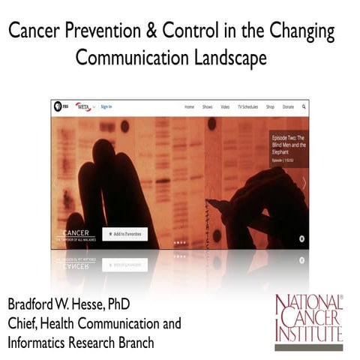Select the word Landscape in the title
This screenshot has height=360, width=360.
[x=228, y=58]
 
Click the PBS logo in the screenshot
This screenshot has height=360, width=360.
[x=58, y=107]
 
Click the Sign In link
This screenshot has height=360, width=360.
[x=106, y=107]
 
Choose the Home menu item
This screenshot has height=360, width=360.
[x=190, y=107]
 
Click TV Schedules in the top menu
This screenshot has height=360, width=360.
[x=248, y=107]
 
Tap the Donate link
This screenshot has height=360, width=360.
[x=288, y=107]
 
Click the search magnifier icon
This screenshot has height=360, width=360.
[x=304, y=107]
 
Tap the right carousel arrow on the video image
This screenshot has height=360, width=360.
[x=304, y=182]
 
